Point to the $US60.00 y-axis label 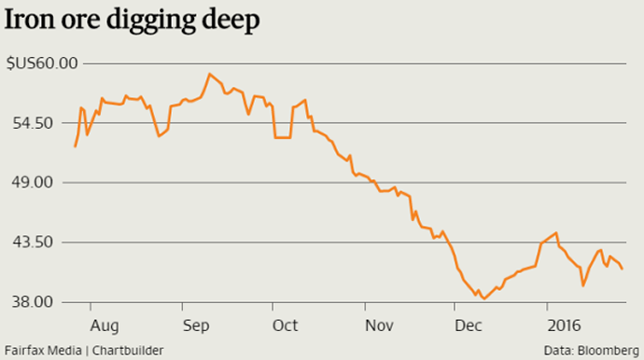(x=42, y=63)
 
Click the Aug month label (x=105, y=325)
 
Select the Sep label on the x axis (x=195, y=325)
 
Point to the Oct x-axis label (x=286, y=325)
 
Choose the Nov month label (x=378, y=325)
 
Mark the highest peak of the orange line (x=210, y=74)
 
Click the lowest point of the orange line (x=483, y=298)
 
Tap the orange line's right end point (x=623, y=269)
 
